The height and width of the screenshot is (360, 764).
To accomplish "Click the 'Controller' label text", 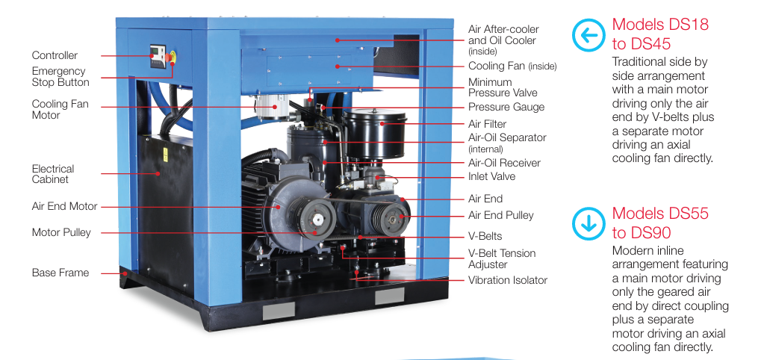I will click(x=55, y=55).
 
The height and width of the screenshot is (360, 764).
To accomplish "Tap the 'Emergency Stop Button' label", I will click(x=60, y=77).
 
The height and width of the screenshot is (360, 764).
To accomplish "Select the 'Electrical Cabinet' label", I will click(x=53, y=174).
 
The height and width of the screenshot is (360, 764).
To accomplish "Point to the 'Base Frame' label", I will click(x=60, y=273).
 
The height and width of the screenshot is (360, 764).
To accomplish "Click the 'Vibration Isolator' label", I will click(x=507, y=280).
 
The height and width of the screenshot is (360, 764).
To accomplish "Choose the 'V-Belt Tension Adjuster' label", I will click(x=502, y=258).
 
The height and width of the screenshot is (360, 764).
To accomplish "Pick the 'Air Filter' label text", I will click(x=487, y=124).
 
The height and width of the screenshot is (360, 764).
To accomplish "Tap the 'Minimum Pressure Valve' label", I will click(x=502, y=87).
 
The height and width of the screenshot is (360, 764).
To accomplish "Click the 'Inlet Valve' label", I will click(x=491, y=176).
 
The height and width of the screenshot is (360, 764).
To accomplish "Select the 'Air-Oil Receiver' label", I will click(x=504, y=163).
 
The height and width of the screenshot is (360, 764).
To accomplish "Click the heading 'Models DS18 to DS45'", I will click(x=660, y=34).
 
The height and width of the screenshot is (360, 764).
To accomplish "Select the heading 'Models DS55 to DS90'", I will click(x=660, y=223).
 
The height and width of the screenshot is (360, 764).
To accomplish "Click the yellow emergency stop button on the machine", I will click(x=174, y=56).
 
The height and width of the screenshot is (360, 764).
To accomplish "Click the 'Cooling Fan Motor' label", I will click(x=60, y=109).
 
